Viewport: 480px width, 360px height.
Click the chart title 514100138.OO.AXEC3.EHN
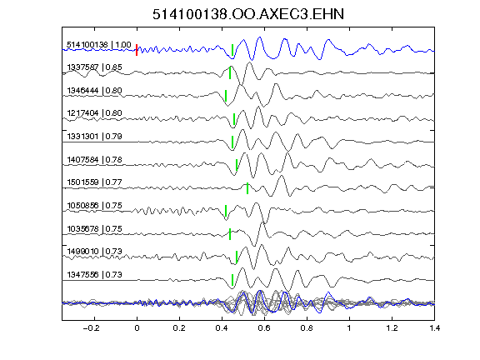[248, 14]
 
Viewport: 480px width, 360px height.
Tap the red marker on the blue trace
[137, 50]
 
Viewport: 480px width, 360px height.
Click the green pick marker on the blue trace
[232, 50]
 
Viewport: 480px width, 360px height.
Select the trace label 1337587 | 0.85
[94, 67]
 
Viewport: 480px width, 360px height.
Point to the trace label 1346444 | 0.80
[94, 91]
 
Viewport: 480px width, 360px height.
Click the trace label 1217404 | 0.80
[94, 113]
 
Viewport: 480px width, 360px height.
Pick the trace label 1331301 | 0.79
[94, 136]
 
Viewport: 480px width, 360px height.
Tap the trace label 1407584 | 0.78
[94, 159]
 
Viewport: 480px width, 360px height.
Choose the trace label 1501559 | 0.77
[94, 182]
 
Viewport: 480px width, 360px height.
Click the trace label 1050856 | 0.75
[94, 205]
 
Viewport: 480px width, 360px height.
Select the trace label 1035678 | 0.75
[94, 228]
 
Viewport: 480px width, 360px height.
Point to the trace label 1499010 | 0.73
[94, 252]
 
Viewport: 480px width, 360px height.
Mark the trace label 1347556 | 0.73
[94, 275]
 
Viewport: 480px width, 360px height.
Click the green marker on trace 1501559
[247, 188]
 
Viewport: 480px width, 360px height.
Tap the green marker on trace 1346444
[226, 96]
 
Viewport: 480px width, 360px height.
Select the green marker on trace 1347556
[232, 280]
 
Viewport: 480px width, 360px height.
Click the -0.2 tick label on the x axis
[92, 328]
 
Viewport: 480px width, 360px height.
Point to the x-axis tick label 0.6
[264, 328]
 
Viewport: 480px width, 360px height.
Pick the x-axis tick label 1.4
[434, 328]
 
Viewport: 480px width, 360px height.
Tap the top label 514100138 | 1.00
[99, 45]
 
